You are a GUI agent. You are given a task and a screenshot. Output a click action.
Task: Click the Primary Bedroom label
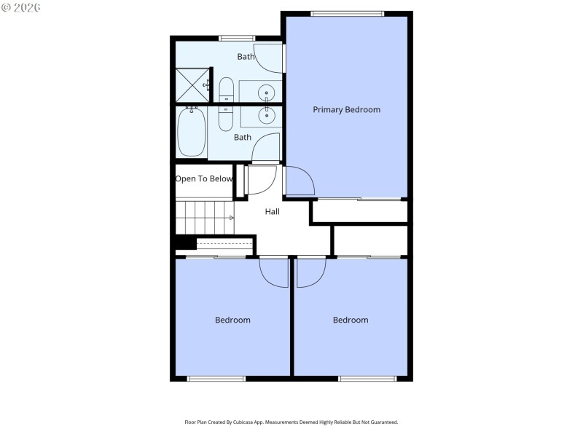[x=346, y=110]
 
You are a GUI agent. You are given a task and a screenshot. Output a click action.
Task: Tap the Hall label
[x=272, y=211]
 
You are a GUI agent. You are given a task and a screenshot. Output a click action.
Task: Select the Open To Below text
[x=204, y=179]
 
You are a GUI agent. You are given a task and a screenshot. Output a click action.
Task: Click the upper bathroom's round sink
[x=267, y=92]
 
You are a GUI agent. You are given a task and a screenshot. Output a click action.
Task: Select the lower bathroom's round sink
[x=267, y=114]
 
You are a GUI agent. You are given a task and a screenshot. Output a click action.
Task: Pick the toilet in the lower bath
[x=226, y=117]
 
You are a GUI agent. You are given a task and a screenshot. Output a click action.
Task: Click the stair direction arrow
[x=232, y=218]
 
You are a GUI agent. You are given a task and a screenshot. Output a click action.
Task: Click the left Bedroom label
[x=232, y=320]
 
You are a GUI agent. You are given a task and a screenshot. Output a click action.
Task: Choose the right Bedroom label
[x=351, y=320]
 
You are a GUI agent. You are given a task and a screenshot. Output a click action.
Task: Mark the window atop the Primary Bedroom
[x=347, y=13]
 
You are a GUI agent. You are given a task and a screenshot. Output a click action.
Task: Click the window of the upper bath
[x=237, y=38]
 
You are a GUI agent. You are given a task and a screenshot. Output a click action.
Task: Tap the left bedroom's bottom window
[x=216, y=378]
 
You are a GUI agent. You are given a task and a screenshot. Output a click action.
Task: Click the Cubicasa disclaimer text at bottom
[x=291, y=422]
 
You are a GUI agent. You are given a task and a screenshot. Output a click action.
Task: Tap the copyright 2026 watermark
[x=21, y=7]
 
